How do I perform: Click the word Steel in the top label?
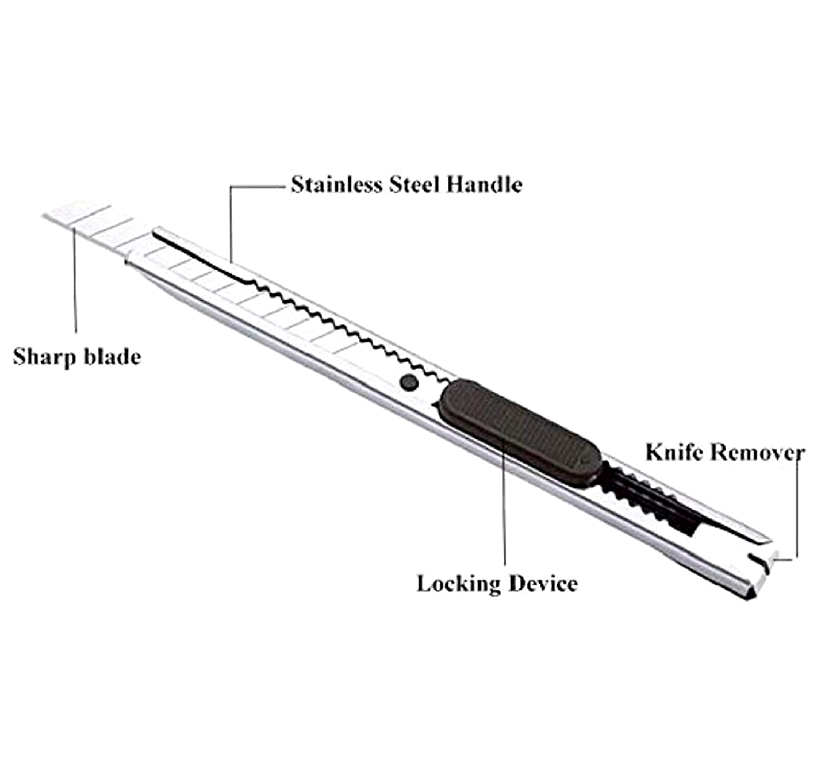point(414,185)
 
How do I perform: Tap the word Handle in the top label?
point(484,185)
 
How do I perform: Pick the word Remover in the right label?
point(757,453)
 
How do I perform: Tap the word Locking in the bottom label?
point(458,584)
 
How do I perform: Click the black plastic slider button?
point(520,431)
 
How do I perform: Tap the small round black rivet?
point(409,382)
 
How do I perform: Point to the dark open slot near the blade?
point(198,256)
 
